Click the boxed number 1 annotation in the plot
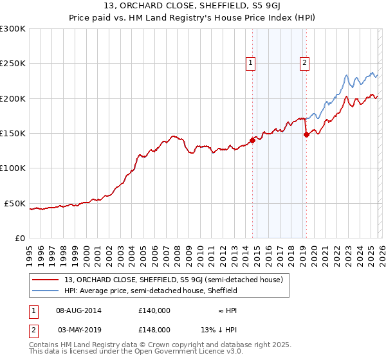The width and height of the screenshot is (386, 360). point(250,62)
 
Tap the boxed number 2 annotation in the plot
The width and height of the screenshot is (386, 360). point(304,62)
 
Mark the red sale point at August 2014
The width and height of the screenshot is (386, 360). point(252,140)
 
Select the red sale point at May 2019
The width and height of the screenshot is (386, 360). point(306,134)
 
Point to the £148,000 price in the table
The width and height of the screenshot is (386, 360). point(154,329)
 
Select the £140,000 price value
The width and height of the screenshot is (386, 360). point(154,310)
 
